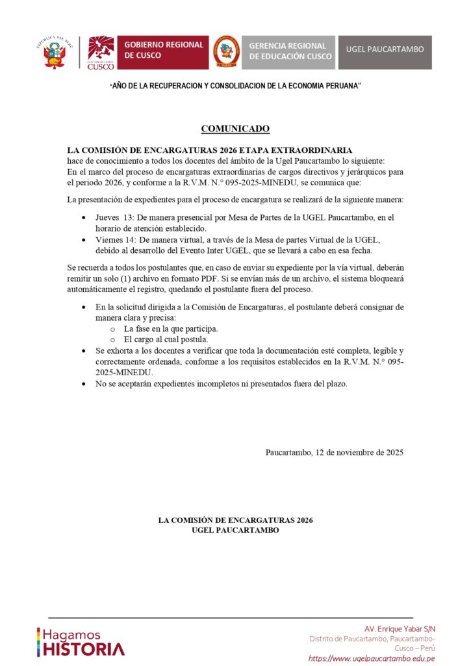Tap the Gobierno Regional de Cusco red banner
tap(164, 52)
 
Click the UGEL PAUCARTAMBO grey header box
tap(385, 49)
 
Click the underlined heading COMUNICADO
tap(235, 129)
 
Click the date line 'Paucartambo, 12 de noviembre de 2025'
tap(334, 452)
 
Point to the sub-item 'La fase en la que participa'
tap(171, 329)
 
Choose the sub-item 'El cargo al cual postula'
tap(166, 340)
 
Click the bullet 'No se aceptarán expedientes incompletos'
tap(222, 384)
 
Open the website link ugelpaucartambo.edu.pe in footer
tap(372, 658)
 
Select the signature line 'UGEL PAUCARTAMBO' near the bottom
tap(235, 530)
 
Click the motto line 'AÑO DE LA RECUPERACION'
tap(235, 87)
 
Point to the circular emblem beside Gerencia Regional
tap(225, 52)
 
